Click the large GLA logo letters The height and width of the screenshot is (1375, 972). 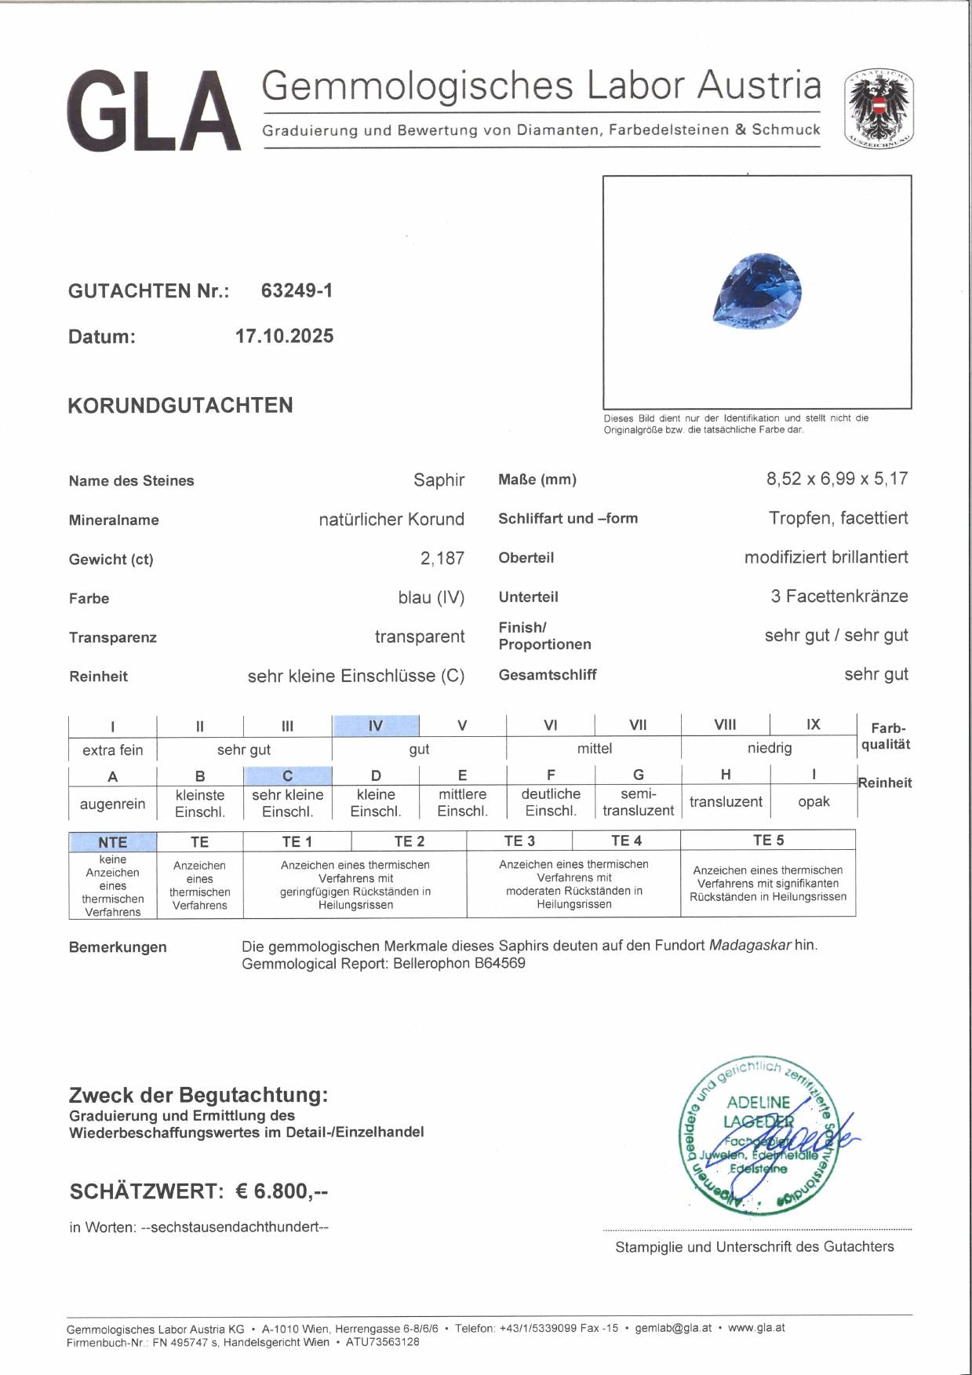(154, 111)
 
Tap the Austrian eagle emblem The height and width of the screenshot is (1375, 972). (878, 109)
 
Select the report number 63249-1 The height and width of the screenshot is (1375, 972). (297, 290)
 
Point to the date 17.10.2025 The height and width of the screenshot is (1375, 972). (284, 336)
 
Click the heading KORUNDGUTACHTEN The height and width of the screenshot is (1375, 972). (180, 405)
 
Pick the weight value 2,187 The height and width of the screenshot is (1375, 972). (442, 558)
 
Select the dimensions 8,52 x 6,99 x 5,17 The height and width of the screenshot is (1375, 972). (836, 479)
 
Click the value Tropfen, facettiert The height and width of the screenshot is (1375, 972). (838, 518)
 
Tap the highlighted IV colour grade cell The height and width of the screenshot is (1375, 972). (375, 725)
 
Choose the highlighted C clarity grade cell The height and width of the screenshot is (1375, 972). (287, 775)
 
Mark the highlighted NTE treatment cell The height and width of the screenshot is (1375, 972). (112, 841)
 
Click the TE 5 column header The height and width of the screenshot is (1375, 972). (768, 840)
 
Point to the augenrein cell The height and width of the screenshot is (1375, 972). (112, 804)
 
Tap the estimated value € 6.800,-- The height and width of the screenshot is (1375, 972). (281, 1191)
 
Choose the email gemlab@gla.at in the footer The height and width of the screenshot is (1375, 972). (673, 1328)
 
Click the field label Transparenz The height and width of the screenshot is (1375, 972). (112, 637)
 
